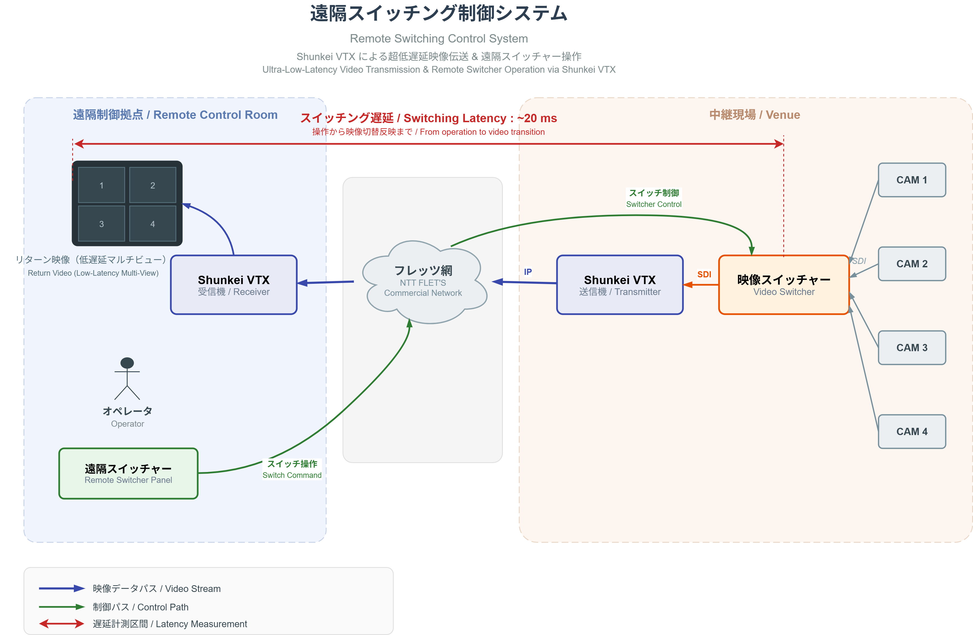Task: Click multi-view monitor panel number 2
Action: point(153,185)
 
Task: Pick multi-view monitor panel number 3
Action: point(101,223)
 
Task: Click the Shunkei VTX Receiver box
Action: point(233,285)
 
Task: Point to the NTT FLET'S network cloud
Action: point(423,282)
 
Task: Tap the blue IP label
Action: point(528,272)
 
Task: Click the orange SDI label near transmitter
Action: point(704,274)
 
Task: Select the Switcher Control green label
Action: point(653,198)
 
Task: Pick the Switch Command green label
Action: point(292,469)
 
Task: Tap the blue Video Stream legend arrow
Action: point(61,588)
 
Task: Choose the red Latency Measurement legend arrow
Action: point(61,624)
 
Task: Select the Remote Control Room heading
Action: point(175,115)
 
